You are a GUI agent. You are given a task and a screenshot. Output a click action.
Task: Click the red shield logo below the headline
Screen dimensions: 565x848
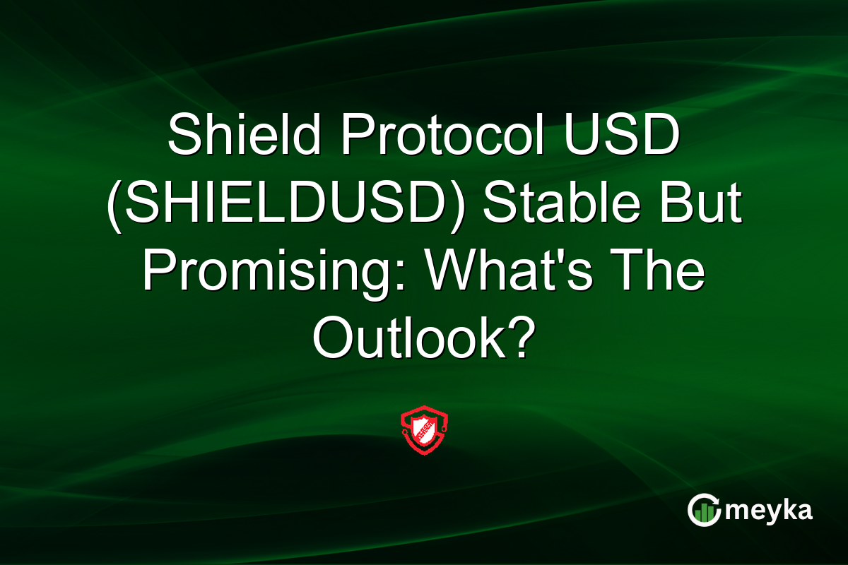pyautogui.click(x=424, y=429)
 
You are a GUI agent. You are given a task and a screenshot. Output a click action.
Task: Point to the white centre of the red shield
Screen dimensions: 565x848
pyautogui.click(x=424, y=428)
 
